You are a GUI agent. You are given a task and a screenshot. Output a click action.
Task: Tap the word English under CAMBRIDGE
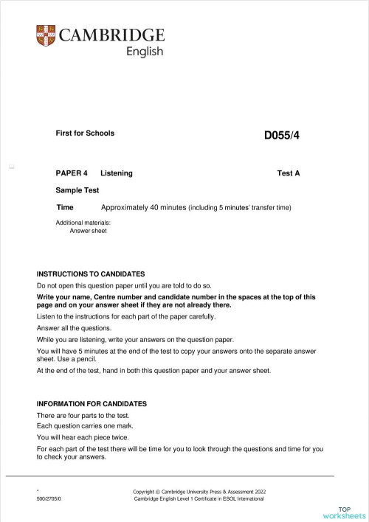(145, 52)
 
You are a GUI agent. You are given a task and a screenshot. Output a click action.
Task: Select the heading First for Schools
(85, 133)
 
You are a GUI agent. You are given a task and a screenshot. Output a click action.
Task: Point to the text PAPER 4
(72, 173)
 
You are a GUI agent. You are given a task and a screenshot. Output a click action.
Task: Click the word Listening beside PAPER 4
(117, 173)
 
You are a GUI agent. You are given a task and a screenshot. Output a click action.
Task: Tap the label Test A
(289, 173)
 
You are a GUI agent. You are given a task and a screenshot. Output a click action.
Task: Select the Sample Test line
(77, 190)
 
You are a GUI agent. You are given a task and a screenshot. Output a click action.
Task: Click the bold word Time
(65, 207)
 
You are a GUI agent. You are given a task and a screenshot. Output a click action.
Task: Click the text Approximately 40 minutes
(144, 207)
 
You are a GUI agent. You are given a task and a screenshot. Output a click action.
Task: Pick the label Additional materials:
(83, 222)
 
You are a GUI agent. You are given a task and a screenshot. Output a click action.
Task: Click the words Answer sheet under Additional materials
(88, 231)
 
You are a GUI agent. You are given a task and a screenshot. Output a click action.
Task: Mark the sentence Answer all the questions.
(74, 328)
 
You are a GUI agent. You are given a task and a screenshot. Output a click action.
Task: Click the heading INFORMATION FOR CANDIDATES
(92, 404)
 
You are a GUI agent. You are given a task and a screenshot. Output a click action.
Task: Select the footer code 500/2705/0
(49, 499)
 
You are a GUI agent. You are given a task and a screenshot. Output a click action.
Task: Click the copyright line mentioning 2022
(198, 491)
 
